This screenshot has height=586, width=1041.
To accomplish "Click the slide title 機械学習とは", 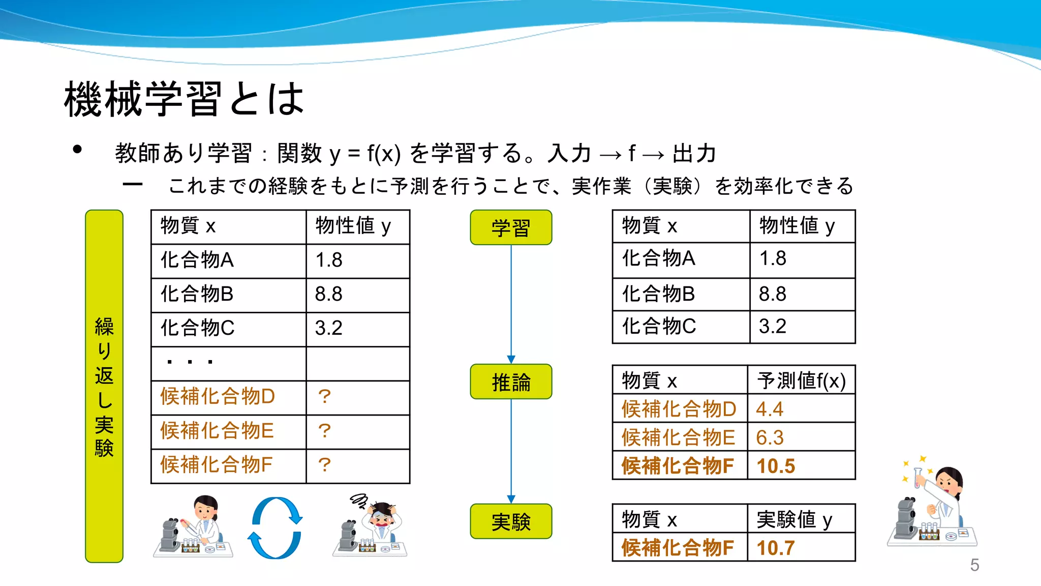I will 184,99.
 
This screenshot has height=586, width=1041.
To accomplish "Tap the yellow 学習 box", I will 511,227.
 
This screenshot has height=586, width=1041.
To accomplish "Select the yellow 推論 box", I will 511,382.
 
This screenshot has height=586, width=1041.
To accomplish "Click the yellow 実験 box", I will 511,521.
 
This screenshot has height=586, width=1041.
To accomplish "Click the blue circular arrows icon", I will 275,528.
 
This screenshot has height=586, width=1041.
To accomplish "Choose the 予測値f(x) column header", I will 801,380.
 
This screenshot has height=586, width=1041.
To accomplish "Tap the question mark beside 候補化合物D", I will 324,397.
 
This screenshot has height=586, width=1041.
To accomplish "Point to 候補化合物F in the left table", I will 217,465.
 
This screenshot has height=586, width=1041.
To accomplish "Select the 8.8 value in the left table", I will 329,294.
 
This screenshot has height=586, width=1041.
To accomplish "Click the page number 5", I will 974,565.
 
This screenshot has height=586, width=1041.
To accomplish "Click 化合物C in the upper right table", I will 659,327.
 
